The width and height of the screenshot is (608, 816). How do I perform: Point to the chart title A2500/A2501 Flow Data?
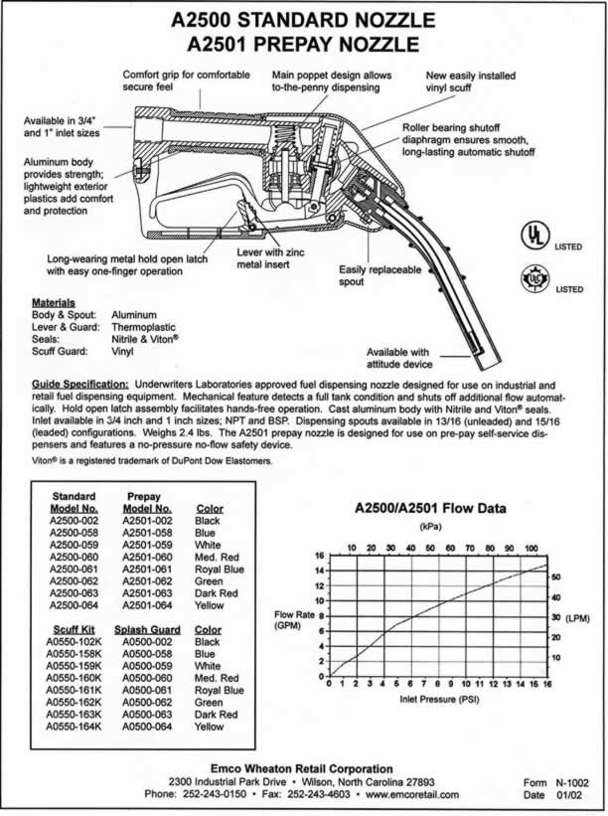430,508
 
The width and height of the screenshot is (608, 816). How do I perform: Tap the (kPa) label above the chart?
431,526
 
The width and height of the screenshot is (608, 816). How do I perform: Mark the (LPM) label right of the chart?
579,617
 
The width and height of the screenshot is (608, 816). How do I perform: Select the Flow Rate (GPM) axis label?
293,620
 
